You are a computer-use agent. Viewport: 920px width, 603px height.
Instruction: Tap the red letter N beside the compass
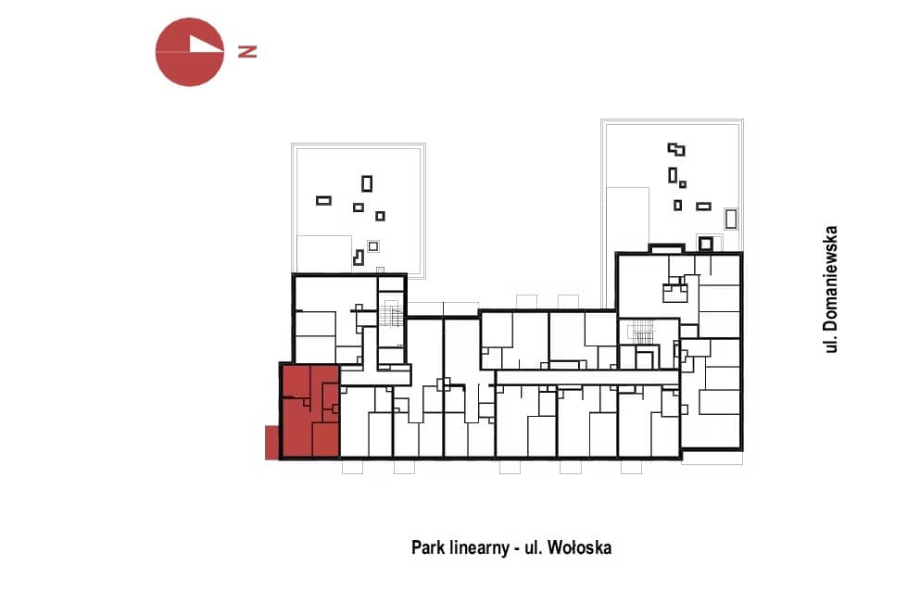(x=247, y=52)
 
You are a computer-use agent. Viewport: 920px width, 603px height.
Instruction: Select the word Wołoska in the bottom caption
(x=579, y=547)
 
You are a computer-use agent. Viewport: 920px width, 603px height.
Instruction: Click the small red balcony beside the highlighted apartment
(x=271, y=442)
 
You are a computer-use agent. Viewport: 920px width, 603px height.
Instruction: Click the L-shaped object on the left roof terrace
(x=358, y=258)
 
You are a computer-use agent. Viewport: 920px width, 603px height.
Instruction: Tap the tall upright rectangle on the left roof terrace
(x=367, y=183)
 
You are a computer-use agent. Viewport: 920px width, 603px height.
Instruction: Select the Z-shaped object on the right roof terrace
(x=676, y=149)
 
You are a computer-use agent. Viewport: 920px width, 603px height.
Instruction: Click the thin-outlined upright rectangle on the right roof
(x=730, y=219)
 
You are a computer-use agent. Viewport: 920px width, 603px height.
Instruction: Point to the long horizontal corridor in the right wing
(x=587, y=378)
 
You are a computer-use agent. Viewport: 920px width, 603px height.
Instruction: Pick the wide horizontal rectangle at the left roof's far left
(x=323, y=201)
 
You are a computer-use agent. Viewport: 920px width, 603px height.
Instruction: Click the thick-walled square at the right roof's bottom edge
(x=705, y=244)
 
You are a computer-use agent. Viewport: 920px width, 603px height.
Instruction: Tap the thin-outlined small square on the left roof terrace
(x=373, y=245)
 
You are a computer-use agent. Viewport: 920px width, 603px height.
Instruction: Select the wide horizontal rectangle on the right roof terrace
(x=703, y=207)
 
